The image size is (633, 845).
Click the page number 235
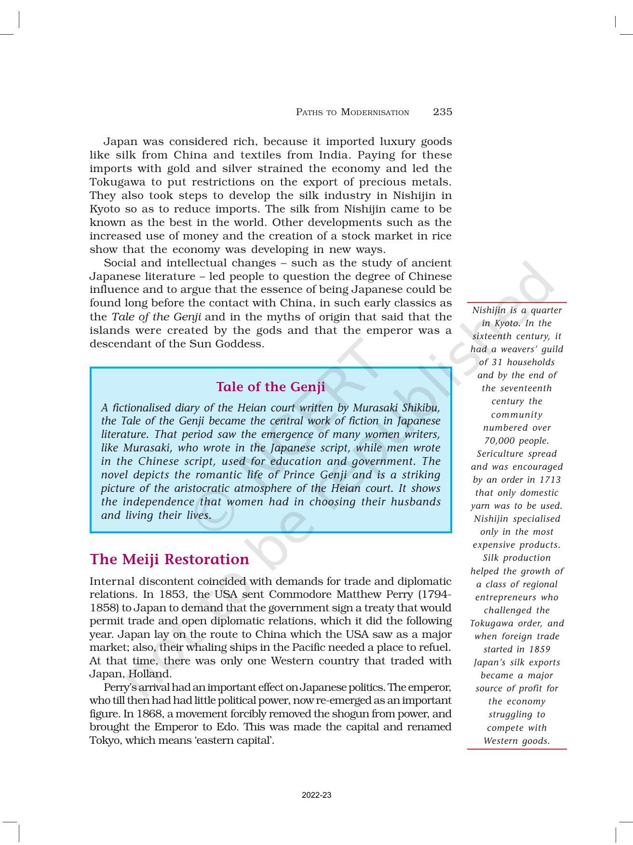442,112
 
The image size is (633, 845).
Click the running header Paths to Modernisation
352,112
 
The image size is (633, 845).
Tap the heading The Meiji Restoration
169,559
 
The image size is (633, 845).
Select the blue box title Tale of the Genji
270,387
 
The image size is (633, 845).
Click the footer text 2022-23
316,795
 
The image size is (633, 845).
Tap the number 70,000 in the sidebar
501,441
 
